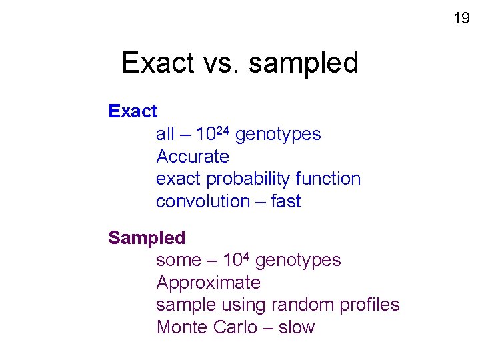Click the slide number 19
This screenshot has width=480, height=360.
point(461,18)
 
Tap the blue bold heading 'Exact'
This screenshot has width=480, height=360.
point(133,111)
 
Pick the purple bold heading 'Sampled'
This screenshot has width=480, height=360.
point(147,237)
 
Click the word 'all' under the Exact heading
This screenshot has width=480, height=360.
point(165,134)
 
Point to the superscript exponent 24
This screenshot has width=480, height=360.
point(223,130)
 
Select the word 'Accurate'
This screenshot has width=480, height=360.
point(192,157)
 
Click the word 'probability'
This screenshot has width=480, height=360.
point(248,179)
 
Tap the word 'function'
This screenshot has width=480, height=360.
point(328,179)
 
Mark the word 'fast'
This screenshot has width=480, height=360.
point(286,201)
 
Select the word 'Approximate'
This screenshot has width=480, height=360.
point(208,283)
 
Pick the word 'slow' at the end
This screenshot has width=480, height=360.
point(297,327)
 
